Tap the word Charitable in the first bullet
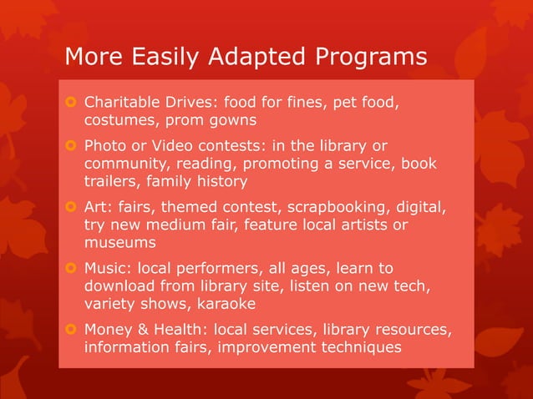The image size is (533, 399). (124, 103)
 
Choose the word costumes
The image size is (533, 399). (118, 120)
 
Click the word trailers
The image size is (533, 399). (114, 181)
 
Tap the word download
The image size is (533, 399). (119, 286)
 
